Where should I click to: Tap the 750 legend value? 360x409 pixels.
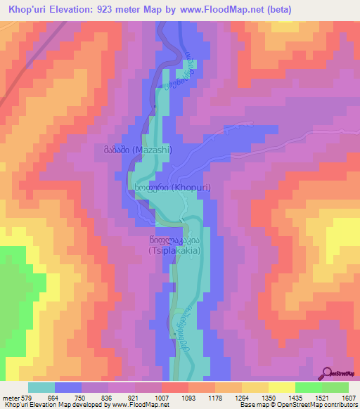click(82, 398)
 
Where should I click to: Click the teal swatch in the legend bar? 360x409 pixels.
click(41, 387)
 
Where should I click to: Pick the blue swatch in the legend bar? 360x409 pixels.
click(68, 387)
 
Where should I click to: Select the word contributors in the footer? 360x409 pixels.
click(339, 405)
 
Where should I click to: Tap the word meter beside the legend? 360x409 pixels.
click(12, 398)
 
